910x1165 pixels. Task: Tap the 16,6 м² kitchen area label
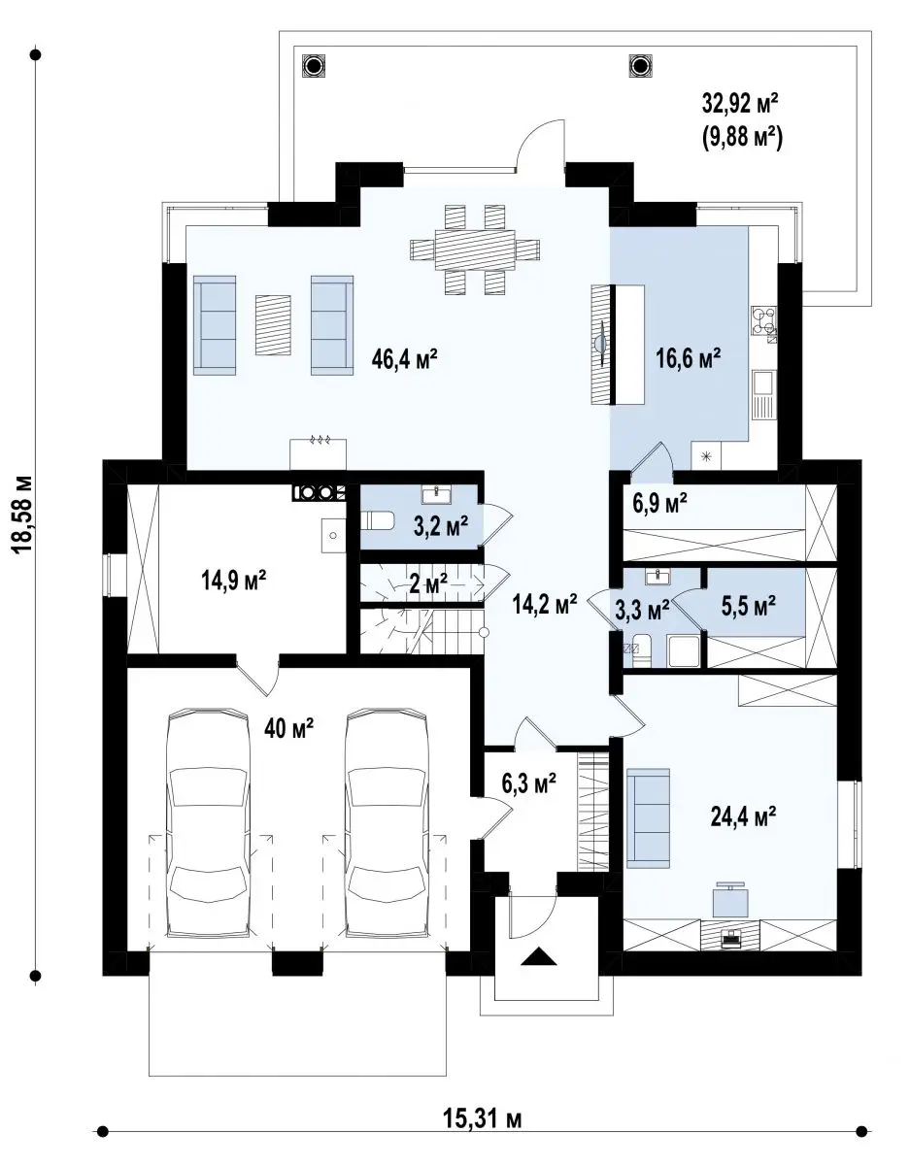(x=688, y=358)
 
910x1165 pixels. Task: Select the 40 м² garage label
(x=289, y=728)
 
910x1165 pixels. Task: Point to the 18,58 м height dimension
(x=23, y=516)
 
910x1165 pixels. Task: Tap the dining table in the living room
(x=475, y=250)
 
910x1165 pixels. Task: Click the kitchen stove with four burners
(x=763, y=320)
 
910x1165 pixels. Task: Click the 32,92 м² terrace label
(x=740, y=104)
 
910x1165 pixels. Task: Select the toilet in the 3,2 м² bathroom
(x=378, y=520)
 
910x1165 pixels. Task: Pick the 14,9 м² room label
(x=234, y=580)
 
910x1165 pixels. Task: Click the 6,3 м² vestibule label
(x=528, y=783)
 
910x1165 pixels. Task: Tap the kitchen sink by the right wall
(x=763, y=394)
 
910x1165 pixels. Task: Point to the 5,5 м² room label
(x=749, y=606)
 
